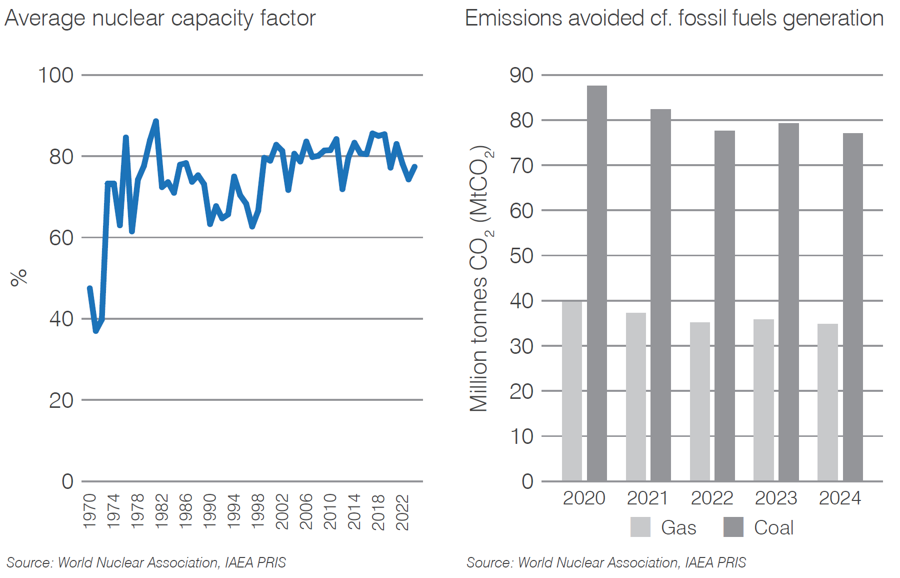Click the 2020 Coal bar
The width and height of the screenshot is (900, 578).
[x=596, y=283]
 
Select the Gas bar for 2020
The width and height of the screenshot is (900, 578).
[x=571, y=391]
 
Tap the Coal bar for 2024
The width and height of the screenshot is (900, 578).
[x=852, y=307]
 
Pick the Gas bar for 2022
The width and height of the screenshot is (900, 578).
[x=699, y=401]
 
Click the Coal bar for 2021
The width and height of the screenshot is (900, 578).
[x=660, y=295]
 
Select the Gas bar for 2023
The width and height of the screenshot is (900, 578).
[x=763, y=400]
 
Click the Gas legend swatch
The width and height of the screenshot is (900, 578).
[x=640, y=527]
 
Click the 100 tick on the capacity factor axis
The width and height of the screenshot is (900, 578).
[x=55, y=76]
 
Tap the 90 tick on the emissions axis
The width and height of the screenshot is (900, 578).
[x=521, y=76]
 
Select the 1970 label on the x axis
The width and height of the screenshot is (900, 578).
[x=89, y=511]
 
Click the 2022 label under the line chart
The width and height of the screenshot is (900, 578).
[x=402, y=512]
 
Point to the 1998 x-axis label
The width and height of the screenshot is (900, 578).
[x=257, y=511]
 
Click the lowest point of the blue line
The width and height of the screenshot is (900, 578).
[x=95, y=331]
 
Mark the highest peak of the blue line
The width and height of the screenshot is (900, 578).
[x=156, y=121]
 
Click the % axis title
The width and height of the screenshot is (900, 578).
[x=19, y=277]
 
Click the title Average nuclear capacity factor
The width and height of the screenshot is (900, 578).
[x=160, y=19]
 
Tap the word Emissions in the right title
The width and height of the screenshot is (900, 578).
[x=513, y=19]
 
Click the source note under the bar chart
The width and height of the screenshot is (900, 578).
[x=606, y=562]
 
